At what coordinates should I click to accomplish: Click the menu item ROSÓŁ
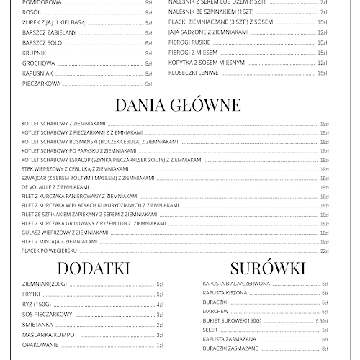pyautogui.click(x=31, y=12)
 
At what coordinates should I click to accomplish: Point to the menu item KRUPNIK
pyautogui.click(x=34, y=53)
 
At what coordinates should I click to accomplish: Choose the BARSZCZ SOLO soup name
pyautogui.click(x=40, y=42)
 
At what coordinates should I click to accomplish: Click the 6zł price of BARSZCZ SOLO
pyautogui.click(x=148, y=42)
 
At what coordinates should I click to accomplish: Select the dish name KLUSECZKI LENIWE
pyautogui.click(x=192, y=73)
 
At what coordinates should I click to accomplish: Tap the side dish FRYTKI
pyautogui.click(x=32, y=294)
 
